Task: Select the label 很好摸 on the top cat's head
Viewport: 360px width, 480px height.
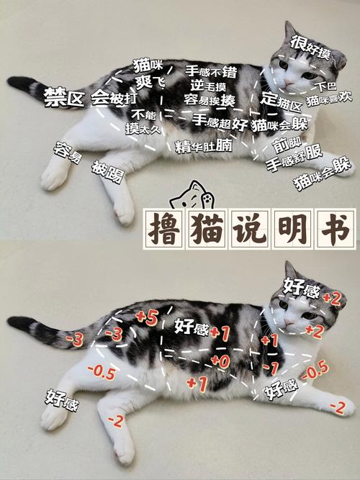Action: [311, 45]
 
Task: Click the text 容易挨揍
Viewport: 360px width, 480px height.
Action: [209, 99]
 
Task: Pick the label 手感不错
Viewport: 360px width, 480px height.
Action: [211, 71]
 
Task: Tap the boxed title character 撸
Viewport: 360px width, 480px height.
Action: [166, 227]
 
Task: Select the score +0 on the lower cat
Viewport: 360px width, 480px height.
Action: [220, 360]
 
